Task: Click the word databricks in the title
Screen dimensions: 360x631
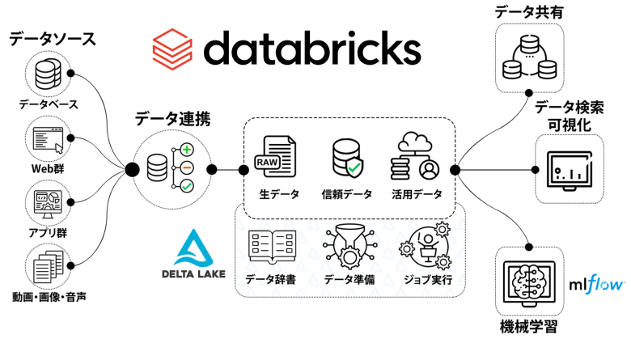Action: (x=311, y=48)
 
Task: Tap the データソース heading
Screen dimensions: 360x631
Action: (x=52, y=38)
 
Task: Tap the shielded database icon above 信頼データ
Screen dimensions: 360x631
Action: (x=347, y=159)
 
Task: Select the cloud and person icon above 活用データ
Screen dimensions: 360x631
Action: (x=417, y=157)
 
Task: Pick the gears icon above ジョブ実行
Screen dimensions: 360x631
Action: (x=426, y=245)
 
